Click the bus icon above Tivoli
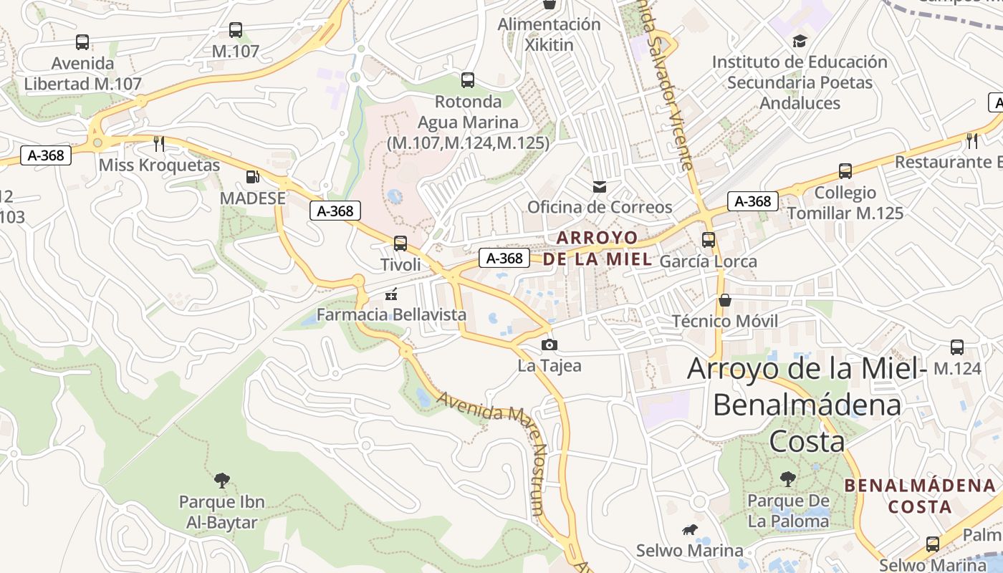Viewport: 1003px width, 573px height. [400, 244]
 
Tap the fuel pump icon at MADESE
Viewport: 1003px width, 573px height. [252, 176]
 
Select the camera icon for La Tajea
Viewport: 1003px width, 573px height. [550, 345]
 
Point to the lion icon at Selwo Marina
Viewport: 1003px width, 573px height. [690, 530]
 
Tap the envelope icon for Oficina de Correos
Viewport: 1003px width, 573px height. [599, 187]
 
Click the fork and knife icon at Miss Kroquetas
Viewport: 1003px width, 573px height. [159, 144]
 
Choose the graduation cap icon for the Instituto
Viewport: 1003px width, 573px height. [800, 41]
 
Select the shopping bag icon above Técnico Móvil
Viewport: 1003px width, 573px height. [725, 299]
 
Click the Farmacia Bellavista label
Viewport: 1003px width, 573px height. [391, 314]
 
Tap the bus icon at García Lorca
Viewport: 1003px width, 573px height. [709, 240]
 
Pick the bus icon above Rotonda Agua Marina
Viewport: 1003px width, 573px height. [468, 80]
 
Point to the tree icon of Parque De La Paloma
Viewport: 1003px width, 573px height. [788, 478]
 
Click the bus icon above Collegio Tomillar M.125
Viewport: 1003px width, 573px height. [845, 171]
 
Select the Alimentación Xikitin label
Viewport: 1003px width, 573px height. [550, 34]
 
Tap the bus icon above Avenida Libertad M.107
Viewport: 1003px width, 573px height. [82, 42]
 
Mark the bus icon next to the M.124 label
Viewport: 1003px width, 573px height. [956, 347]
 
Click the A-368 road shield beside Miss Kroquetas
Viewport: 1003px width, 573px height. [46, 155]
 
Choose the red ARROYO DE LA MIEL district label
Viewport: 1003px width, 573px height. [598, 248]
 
